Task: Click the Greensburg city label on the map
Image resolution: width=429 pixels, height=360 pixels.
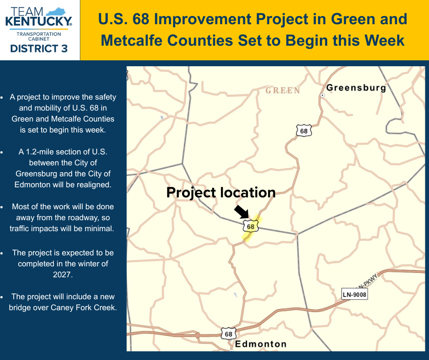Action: coord(356,88)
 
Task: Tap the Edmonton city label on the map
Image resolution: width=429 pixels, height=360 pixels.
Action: coord(261,344)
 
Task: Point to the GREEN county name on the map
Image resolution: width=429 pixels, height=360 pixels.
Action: coord(283,90)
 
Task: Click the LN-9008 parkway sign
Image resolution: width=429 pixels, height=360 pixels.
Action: coord(354,295)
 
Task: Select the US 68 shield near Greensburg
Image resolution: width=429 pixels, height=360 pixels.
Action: coord(303,131)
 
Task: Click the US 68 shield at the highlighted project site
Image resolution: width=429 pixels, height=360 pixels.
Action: coord(251,226)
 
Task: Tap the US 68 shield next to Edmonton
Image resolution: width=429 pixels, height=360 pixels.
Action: coord(229,334)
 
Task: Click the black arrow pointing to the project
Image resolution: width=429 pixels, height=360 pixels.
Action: coord(241,212)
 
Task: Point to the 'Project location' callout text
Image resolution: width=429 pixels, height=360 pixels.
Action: coord(221,193)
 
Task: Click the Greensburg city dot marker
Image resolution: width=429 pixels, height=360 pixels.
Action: coord(323,95)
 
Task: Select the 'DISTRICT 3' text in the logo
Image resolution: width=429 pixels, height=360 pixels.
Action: coord(39,48)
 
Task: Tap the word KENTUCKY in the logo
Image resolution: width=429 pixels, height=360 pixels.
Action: coord(38,21)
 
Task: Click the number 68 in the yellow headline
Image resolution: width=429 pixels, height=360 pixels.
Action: coord(141,19)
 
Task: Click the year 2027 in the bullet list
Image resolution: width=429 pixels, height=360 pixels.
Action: coord(63,275)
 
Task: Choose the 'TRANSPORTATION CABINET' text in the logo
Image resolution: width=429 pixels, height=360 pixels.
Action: coord(39,37)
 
